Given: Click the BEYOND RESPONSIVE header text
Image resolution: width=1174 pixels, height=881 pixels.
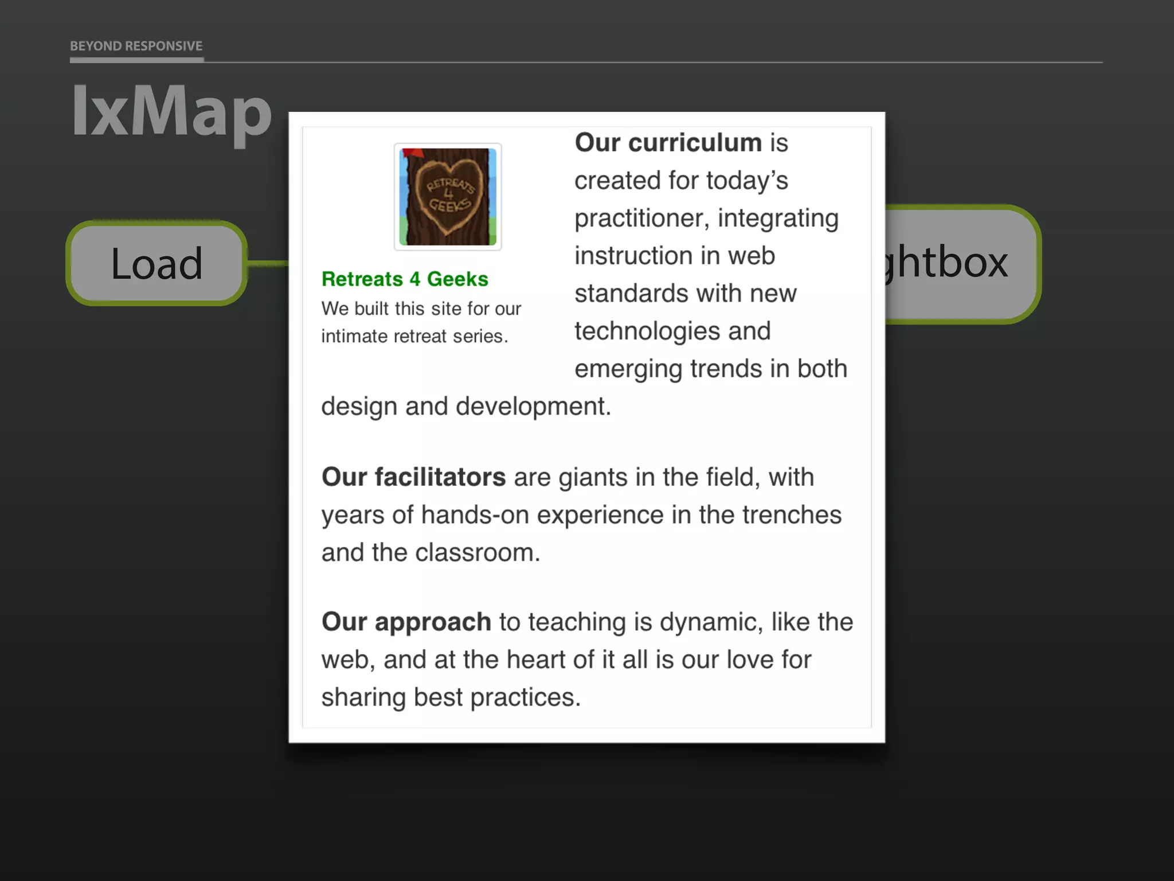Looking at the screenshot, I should click(136, 46).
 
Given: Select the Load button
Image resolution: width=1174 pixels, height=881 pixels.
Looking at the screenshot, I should click(156, 263).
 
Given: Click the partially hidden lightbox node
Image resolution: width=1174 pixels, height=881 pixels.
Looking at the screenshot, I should click(957, 263).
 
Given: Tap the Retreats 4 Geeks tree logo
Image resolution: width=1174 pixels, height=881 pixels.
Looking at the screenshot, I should click(448, 197).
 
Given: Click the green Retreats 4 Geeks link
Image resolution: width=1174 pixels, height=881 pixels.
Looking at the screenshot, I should click(405, 279).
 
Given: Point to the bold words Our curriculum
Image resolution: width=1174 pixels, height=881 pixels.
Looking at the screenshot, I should click(668, 142).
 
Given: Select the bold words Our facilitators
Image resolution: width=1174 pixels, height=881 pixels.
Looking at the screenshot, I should click(413, 477).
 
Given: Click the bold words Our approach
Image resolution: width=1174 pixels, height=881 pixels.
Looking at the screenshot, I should click(406, 622).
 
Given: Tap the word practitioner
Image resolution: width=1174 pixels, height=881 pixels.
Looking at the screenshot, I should click(641, 219).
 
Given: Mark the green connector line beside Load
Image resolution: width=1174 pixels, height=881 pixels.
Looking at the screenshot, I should click(268, 263).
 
